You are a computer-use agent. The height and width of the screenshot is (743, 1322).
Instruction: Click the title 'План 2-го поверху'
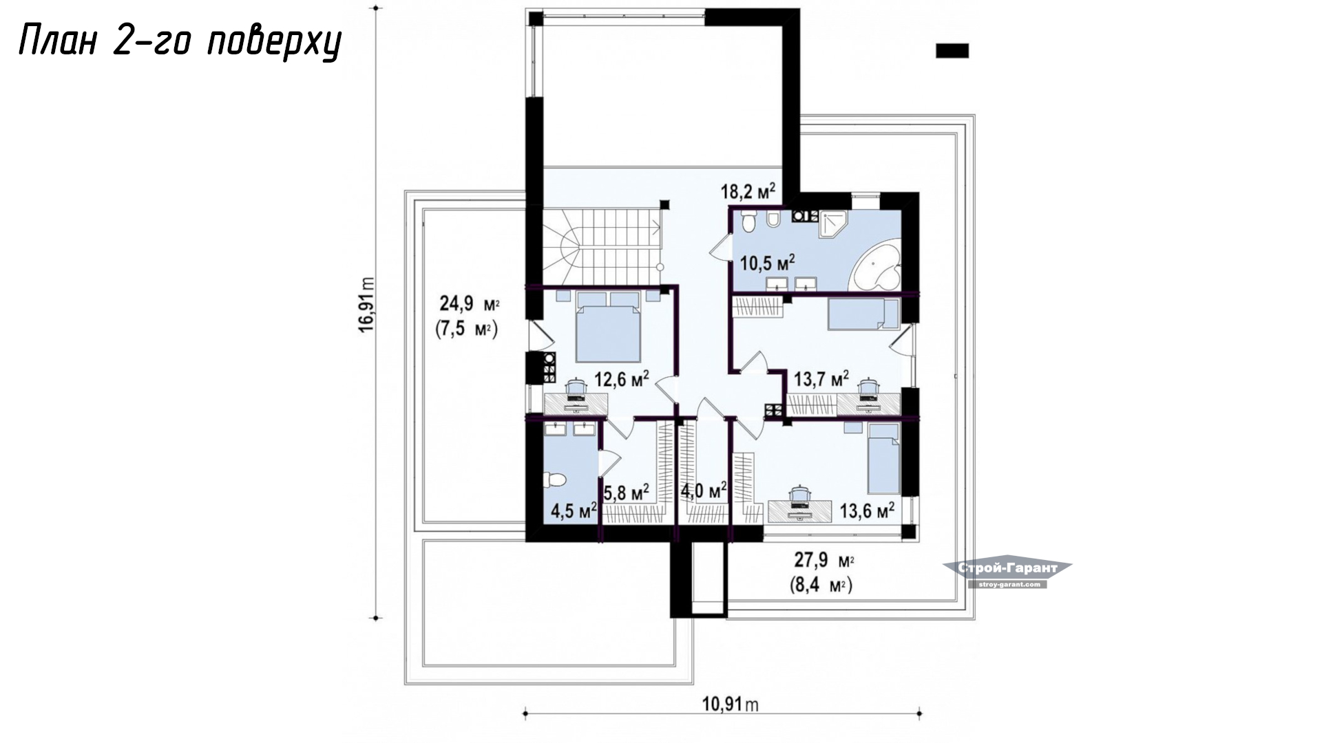point(179,43)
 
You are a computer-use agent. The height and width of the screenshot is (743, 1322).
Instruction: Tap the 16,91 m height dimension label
point(366,305)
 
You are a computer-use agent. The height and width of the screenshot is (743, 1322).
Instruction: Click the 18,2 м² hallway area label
point(748,191)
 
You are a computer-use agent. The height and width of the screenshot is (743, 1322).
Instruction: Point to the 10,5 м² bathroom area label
point(767,263)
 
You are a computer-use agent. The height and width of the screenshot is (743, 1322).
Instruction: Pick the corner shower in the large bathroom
point(833,224)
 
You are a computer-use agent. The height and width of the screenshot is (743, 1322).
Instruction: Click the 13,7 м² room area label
point(821,378)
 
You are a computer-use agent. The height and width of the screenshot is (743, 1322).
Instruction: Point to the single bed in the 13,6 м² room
point(883,458)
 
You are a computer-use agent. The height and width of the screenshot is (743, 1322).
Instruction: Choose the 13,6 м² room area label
point(867,510)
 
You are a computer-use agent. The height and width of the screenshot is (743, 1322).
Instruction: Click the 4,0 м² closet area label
point(703,491)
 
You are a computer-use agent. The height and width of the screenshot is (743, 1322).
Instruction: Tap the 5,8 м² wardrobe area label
point(627,493)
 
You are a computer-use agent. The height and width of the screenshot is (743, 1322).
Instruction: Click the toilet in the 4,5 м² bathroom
point(554,479)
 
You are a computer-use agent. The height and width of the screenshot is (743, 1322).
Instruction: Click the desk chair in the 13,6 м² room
point(799,493)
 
